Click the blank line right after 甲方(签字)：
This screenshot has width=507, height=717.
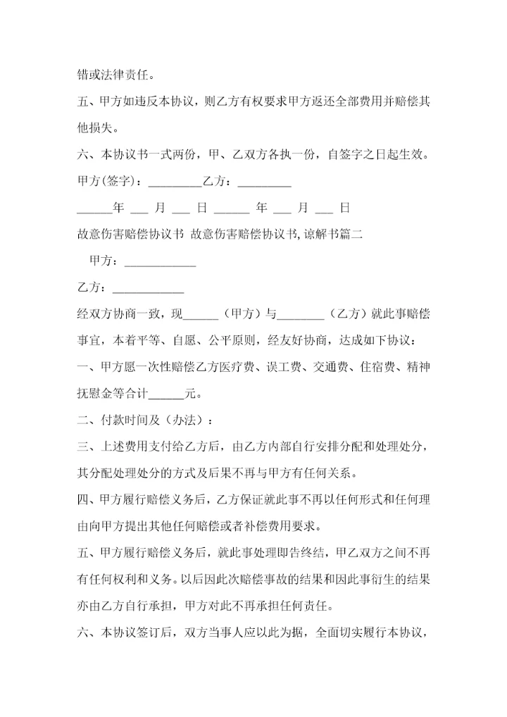(x=175, y=182)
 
